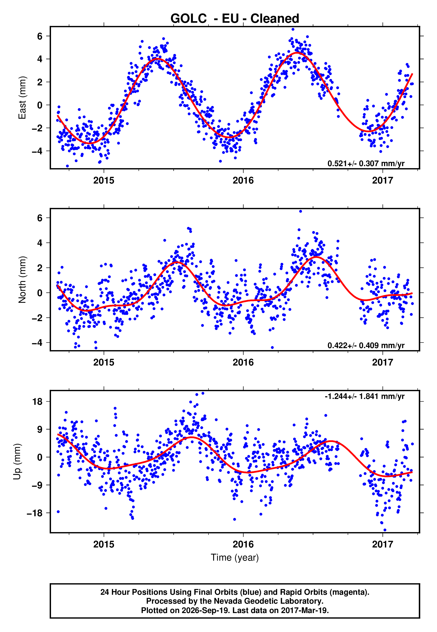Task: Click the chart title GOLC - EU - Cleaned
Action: click(235, 19)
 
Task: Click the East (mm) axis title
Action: click(22, 98)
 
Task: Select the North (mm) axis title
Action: click(22, 280)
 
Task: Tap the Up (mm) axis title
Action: click(17, 461)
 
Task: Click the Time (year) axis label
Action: click(235, 558)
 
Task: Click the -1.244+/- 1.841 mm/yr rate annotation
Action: click(364, 396)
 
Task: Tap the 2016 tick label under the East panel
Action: click(243, 180)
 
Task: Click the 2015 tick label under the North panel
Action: click(104, 362)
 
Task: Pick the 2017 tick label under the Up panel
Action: click(382, 544)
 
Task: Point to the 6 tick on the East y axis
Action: click(40, 36)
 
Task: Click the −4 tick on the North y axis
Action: click(37, 343)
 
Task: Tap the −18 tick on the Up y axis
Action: click(35, 513)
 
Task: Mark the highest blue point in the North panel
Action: click(300, 211)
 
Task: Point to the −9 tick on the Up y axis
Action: click(37, 485)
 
